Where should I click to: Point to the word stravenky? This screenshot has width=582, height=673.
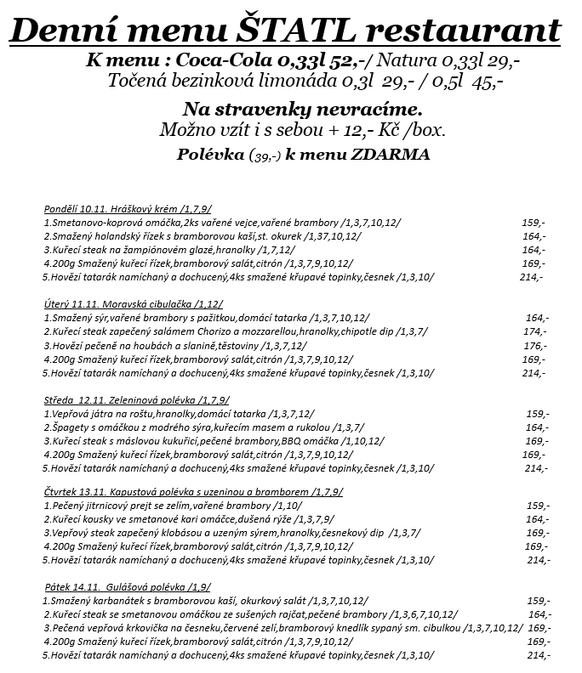288,110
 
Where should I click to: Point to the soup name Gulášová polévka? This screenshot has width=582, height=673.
145,587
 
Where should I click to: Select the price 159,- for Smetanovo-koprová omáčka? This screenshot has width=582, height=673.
533,223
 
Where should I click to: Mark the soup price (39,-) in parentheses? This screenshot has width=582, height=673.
264,156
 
